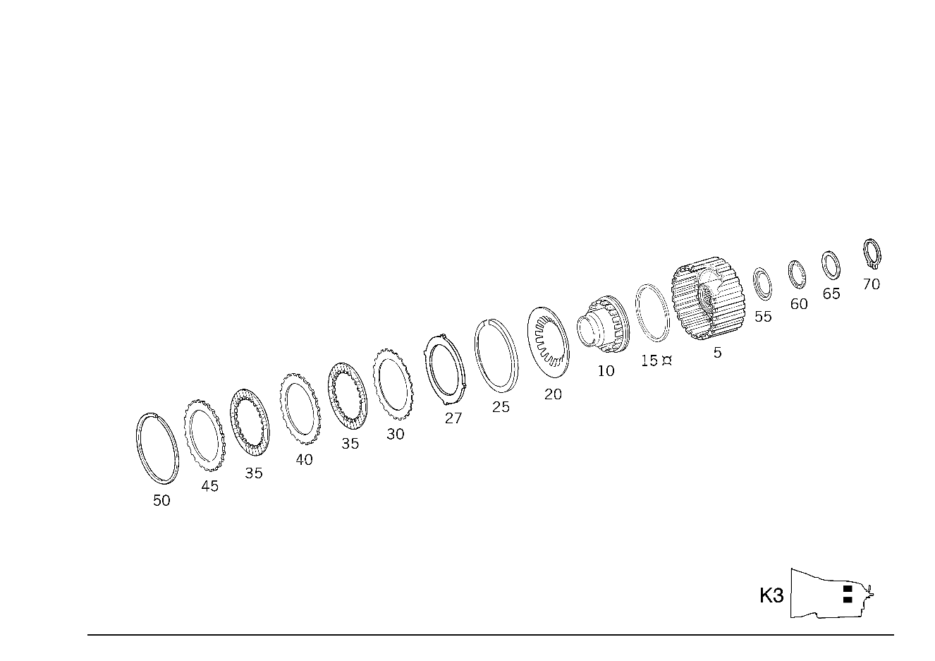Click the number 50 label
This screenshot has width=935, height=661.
coord(161,501)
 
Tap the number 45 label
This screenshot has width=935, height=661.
coord(209,486)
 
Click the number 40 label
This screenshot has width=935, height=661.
coord(304,460)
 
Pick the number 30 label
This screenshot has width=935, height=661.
coord(396,435)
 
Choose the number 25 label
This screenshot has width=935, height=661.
coord(501,407)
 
